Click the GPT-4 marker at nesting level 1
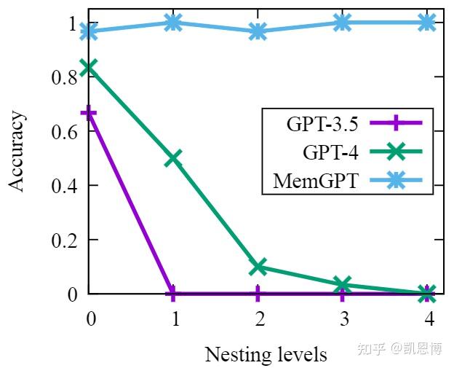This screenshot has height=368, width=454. click(173, 158)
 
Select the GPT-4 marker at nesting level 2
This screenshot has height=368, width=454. click(258, 267)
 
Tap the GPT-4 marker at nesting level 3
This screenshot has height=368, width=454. click(343, 285)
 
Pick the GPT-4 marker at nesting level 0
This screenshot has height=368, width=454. click(89, 68)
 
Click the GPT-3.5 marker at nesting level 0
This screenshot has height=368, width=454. click(89, 113)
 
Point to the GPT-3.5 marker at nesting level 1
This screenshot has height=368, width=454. click(173, 294)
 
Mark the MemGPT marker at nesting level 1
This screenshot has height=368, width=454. click(173, 23)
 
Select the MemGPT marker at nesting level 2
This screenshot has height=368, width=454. click(258, 31)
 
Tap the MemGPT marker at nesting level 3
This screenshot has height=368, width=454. click(343, 23)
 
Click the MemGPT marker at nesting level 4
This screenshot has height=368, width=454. click(427, 23)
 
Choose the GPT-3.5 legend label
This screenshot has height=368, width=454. click(322, 124)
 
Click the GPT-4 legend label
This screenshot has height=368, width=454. click(331, 152)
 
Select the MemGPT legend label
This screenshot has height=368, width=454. click(315, 181)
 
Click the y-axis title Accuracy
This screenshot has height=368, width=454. click(17, 152)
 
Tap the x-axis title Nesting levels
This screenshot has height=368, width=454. click(266, 355)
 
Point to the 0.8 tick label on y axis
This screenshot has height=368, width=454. click(64, 77)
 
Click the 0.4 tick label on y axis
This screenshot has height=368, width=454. click(64, 186)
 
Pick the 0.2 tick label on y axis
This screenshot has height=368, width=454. click(64, 240)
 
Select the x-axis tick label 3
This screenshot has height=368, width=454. click(343, 318)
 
